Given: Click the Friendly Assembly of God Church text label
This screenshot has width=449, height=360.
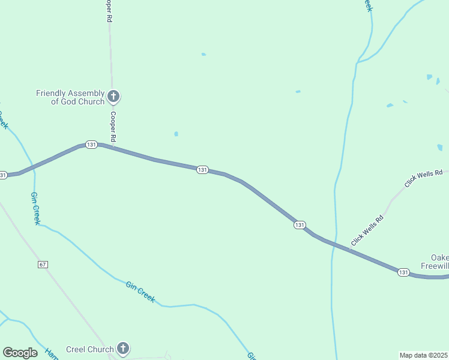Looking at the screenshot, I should [70, 97].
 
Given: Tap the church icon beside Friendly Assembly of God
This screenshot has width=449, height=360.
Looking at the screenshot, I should [113, 96].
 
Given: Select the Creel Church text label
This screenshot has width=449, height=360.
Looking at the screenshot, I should [89, 349].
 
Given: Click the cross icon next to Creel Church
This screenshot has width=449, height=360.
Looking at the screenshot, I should [122, 348].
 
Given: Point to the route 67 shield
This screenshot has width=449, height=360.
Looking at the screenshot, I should [41, 265].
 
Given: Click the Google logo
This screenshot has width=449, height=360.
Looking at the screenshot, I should [20, 353].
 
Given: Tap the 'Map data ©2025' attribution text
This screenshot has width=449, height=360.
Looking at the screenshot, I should [424, 355].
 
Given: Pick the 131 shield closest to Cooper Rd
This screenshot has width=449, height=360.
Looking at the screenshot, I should [91, 145].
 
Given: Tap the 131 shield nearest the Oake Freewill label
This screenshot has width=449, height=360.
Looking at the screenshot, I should [403, 272].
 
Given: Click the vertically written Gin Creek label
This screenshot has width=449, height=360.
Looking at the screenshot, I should [35, 208].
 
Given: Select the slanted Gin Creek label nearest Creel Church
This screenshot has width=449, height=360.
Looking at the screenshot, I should [140, 290].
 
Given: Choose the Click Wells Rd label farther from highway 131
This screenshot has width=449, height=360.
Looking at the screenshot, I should [419, 179].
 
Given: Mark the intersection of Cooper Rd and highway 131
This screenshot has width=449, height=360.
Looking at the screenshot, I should [112, 146].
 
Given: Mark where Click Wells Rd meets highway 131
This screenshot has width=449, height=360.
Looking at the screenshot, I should [349, 249].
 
